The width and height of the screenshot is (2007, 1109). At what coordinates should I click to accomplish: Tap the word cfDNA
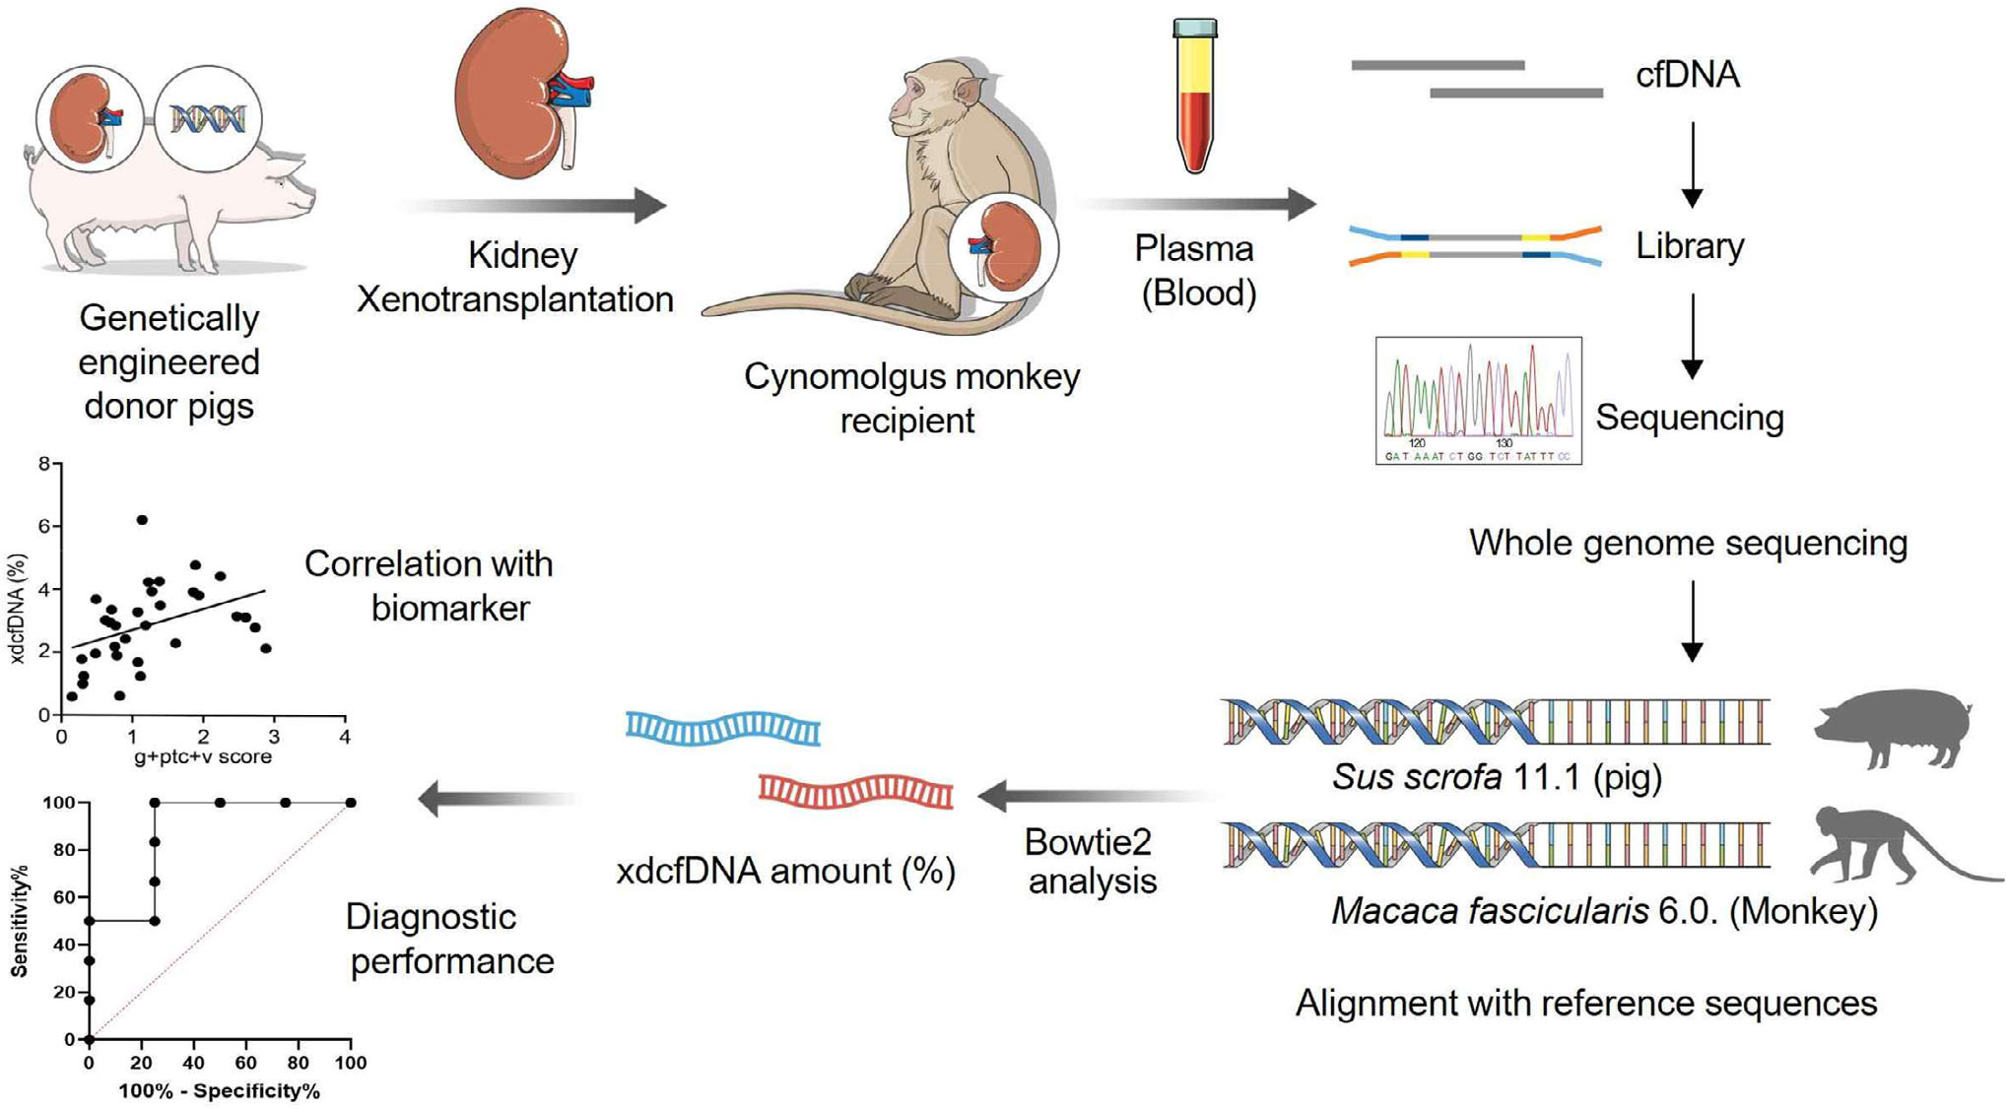tap(1687, 75)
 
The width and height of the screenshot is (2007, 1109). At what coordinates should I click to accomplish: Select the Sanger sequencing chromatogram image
tap(1478, 401)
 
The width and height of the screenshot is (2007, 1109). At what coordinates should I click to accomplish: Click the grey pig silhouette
tap(1892, 728)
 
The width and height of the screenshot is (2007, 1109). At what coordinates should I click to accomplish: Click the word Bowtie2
tap(1088, 842)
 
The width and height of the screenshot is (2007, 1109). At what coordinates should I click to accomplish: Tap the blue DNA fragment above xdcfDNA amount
tap(723, 729)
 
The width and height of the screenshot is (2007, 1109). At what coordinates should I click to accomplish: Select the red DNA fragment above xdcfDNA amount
tap(855, 791)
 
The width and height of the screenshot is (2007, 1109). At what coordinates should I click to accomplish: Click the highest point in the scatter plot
tap(142, 520)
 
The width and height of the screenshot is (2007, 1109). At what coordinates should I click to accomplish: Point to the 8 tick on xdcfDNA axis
tap(44, 463)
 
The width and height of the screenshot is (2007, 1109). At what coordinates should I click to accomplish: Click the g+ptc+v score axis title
tap(202, 757)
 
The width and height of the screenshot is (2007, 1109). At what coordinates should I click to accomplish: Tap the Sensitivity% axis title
tap(19, 921)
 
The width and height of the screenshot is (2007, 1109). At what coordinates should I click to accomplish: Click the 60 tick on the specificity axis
tap(245, 1064)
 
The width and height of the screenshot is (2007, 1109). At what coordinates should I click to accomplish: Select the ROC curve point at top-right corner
tap(350, 803)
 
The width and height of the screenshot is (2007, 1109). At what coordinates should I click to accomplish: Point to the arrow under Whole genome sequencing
tap(1692, 620)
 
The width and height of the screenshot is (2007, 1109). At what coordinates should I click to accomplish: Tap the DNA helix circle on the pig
tap(208, 119)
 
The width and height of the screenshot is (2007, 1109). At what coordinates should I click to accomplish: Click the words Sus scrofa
tap(1417, 778)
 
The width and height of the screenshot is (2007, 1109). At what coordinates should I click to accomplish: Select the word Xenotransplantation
tap(514, 299)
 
